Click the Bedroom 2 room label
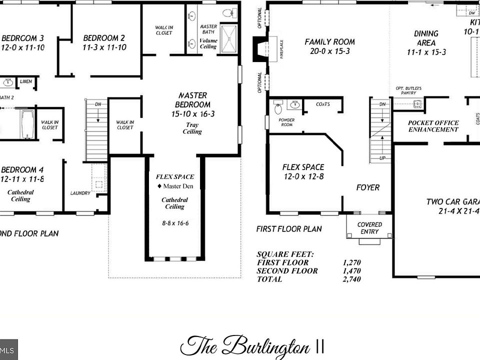pyautogui.click(x=104, y=38)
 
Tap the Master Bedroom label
pyautogui.click(x=192, y=100)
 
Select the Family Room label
pyautogui.click(x=329, y=42)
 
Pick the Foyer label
pyautogui.click(x=367, y=187)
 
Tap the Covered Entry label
pyautogui.click(x=369, y=228)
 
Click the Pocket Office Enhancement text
pyautogui.click(x=433, y=126)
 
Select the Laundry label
pyautogui.click(x=80, y=193)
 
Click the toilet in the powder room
pyautogui.click(x=278, y=107)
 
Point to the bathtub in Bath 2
pyautogui.click(x=26, y=123)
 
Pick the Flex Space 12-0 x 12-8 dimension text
pyautogui.click(x=303, y=176)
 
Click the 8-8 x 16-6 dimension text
pyautogui.click(x=175, y=223)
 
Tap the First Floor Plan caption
pyautogui.click(x=289, y=229)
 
